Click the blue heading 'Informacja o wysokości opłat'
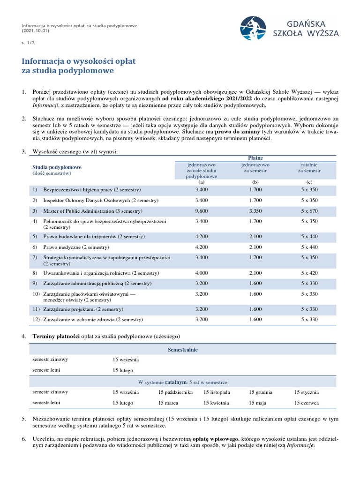[x=79, y=61]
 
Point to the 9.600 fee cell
[x=202, y=211]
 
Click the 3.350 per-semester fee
[x=255, y=211]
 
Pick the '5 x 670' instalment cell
[x=309, y=211]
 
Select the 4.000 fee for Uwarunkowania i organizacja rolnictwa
[x=202, y=273]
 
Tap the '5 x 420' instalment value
[x=309, y=273]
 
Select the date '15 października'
[x=175, y=392]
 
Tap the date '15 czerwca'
[x=307, y=403]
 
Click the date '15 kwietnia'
[x=216, y=403]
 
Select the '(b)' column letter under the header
[x=255, y=182]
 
